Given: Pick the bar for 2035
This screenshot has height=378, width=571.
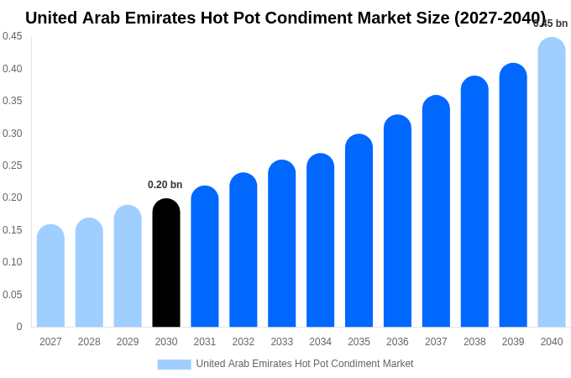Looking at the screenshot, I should tap(359, 231).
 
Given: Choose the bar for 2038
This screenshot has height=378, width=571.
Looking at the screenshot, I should tap(474, 202).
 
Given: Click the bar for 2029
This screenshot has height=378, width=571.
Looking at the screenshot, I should tap(128, 266).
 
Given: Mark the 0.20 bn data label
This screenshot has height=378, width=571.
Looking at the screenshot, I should tap(165, 185).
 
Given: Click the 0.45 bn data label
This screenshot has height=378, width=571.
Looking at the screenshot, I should tap(551, 24).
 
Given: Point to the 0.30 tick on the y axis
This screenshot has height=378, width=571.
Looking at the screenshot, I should tap(13, 133).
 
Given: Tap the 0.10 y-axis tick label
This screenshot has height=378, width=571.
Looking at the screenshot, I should tap(13, 262).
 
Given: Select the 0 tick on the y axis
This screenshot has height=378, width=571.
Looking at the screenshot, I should tap(19, 327).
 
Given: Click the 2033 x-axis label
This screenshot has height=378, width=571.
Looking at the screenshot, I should tap(282, 342).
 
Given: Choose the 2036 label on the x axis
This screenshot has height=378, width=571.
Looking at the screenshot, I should tap(397, 342).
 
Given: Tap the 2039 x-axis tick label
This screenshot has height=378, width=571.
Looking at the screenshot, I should tap(513, 342).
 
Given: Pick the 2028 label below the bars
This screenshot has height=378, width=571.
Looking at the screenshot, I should tap(89, 342).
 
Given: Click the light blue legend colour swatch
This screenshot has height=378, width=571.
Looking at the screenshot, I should tap(174, 365).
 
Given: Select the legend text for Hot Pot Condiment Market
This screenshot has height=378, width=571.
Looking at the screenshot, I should tap(304, 364).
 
